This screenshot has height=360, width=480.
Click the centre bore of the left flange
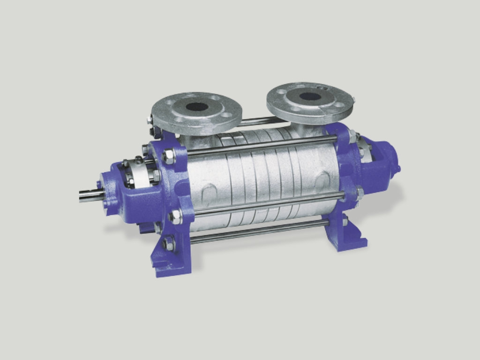point(196,106)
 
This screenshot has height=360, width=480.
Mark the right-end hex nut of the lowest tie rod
point(345,220)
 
